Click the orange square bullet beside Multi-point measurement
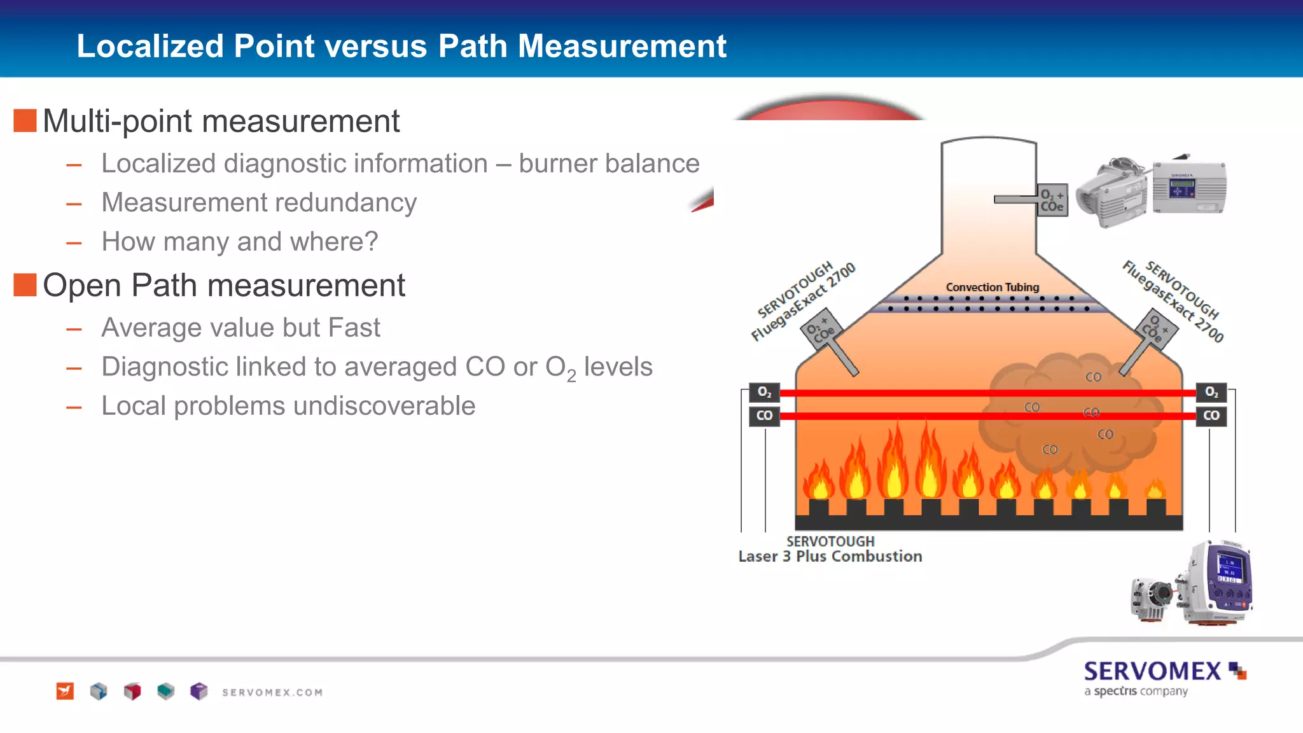pyautogui.click(x=25, y=120)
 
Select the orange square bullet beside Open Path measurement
pyautogui.click(x=25, y=284)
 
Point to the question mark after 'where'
pyautogui.click(x=372, y=242)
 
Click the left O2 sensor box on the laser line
pyautogui.click(x=764, y=392)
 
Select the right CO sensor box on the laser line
pyautogui.click(x=1211, y=415)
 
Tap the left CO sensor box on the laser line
pyautogui.click(x=764, y=415)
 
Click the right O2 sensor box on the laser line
pyautogui.click(x=1211, y=392)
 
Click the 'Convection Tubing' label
pyautogui.click(x=992, y=288)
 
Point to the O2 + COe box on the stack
pyautogui.click(x=1052, y=200)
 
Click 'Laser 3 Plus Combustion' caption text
pyautogui.click(x=830, y=557)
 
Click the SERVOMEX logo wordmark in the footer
pyautogui.click(x=1152, y=672)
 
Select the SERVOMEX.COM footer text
pyautogui.click(x=272, y=692)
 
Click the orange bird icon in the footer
pyautogui.click(x=65, y=691)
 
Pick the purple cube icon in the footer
pyautogui.click(x=199, y=691)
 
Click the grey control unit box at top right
pyautogui.click(x=1188, y=188)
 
